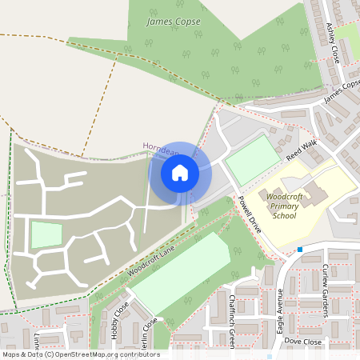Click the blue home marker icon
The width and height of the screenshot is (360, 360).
pyautogui.click(x=180, y=172)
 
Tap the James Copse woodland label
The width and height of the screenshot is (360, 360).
pyautogui.click(x=173, y=22)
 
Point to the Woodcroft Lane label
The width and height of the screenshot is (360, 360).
pyautogui.click(x=150, y=263)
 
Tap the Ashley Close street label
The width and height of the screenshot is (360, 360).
pyautogui.click(x=333, y=42)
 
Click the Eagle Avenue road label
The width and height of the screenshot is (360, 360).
pyautogui.click(x=281, y=303)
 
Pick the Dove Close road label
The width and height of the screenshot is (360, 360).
pyautogui.click(x=302, y=342)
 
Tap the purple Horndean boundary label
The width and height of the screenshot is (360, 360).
pyautogui.click(x=157, y=146)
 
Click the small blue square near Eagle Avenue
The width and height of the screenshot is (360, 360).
pyautogui.click(x=299, y=250)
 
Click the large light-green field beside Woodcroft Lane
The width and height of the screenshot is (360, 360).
pyautogui.click(x=181, y=272)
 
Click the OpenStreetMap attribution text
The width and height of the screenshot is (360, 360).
pyautogui.click(x=80, y=354)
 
